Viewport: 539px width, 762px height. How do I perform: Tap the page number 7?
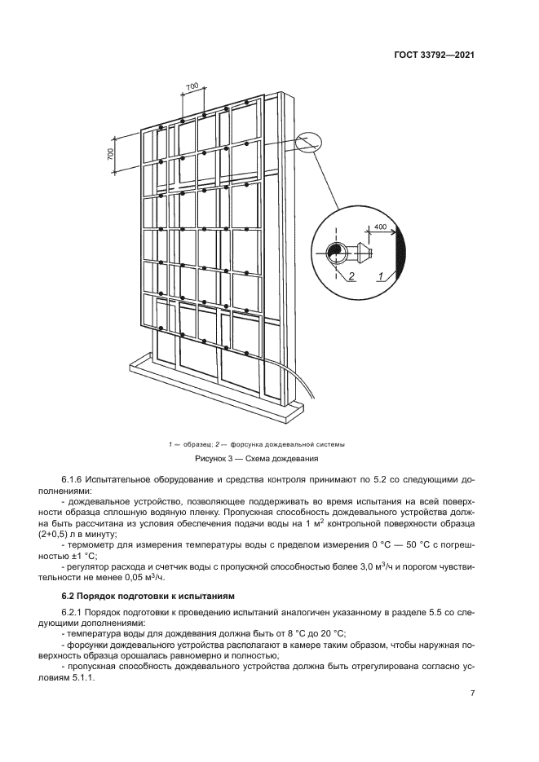[472, 694]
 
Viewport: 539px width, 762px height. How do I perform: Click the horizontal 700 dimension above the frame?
[192, 86]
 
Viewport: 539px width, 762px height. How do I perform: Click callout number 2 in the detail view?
[352, 277]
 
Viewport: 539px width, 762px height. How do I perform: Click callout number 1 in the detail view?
[381, 277]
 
